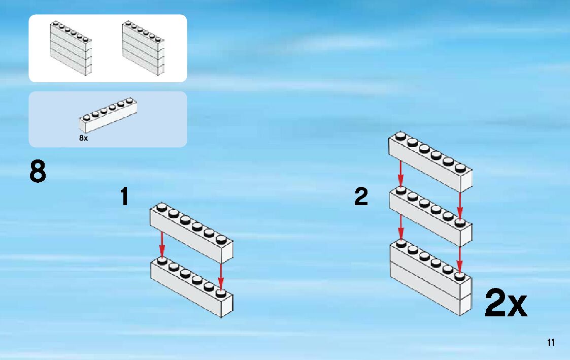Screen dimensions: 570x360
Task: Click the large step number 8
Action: (38, 172)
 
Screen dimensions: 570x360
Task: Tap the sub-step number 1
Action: (124, 197)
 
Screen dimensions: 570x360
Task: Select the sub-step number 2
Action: (361, 197)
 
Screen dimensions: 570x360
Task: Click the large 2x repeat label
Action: (506, 303)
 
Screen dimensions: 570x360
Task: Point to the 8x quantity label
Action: (84, 138)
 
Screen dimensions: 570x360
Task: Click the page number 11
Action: (551, 342)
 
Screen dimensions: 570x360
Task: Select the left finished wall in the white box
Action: (70, 49)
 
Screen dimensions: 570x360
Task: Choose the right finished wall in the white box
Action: (143, 49)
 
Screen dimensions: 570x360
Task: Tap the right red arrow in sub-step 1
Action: (221, 277)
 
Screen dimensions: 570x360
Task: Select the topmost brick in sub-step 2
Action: (430, 162)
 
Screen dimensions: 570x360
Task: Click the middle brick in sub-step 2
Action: (430, 217)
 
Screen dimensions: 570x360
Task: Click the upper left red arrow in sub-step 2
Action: (400, 174)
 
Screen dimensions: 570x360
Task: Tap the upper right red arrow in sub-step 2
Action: (460, 206)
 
